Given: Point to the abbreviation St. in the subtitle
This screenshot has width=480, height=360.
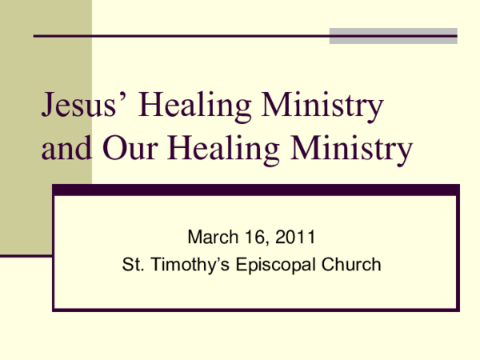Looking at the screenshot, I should click(132, 264).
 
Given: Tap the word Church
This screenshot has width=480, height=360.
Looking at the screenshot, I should click(352, 264).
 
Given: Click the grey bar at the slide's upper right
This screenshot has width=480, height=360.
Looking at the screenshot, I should click(393, 35).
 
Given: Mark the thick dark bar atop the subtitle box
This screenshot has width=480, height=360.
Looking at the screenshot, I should click(256, 190).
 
